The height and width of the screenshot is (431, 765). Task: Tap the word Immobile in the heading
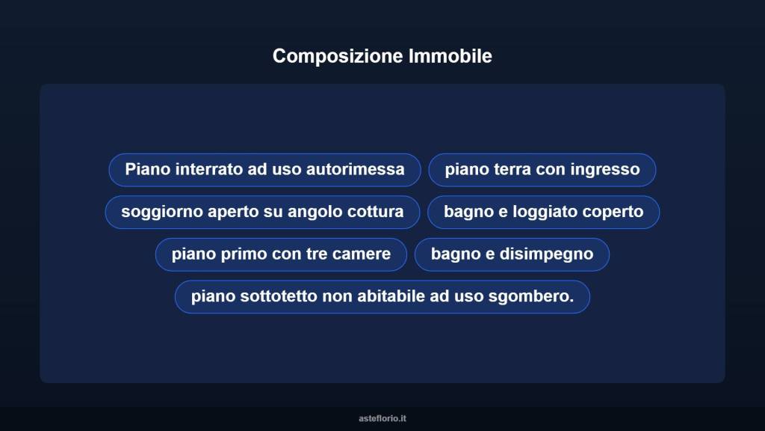450,56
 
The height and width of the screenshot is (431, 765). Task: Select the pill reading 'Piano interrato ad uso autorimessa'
264,170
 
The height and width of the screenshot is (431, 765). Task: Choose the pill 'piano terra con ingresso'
542,170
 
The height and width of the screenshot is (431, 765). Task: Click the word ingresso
605,170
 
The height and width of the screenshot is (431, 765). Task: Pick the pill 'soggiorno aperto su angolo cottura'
261,213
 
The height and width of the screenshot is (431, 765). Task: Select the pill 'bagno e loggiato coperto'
543,213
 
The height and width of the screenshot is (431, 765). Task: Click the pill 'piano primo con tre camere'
281,254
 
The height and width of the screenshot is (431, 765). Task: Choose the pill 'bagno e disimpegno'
512,254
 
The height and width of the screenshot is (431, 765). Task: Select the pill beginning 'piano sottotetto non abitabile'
382,297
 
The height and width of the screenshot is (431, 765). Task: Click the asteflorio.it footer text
382,418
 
